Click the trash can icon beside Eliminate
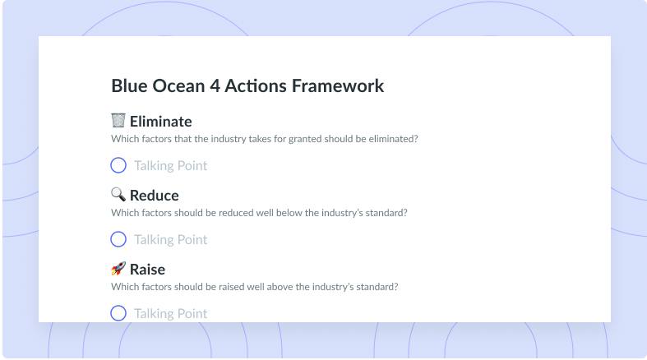[118, 121]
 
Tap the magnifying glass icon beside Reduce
[118, 194]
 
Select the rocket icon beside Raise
[118, 269]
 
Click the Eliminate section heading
[161, 122]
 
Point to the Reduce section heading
[155, 196]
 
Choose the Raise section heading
[147, 270]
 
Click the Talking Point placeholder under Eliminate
[170, 166]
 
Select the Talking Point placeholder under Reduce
[170, 239]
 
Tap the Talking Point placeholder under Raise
[170, 313]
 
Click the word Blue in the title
[129, 85]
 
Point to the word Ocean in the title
[178, 85]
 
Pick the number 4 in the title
[215, 85]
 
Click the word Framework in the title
[338, 85]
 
